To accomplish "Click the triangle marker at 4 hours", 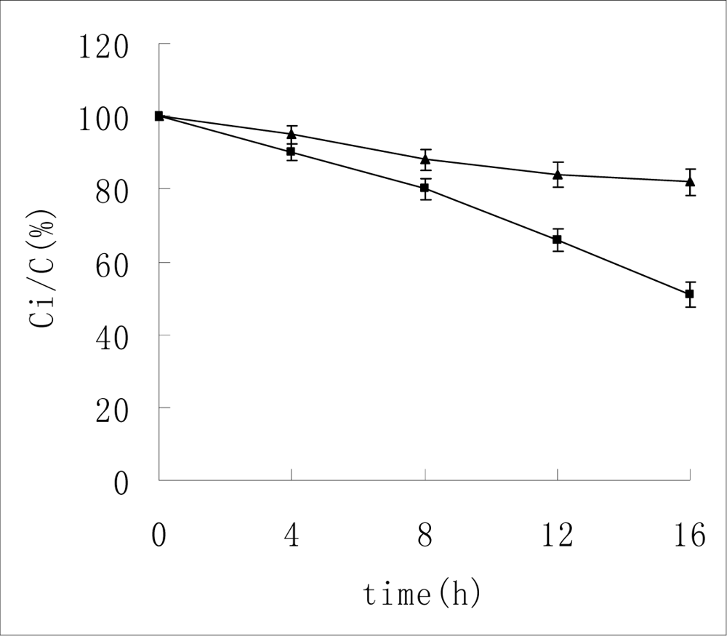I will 292,134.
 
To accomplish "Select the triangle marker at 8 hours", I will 425,159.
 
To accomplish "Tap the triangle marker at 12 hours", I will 558,175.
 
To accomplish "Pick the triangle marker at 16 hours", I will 690,181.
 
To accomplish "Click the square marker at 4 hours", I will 292,152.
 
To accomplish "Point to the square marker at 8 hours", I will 425,188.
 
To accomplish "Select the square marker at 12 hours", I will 558,239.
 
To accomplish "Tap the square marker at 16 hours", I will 690,294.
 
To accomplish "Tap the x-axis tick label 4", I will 292,536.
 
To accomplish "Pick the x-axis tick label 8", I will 425,536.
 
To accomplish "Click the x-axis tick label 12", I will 558,536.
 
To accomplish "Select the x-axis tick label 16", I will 688,536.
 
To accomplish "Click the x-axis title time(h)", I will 422,595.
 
